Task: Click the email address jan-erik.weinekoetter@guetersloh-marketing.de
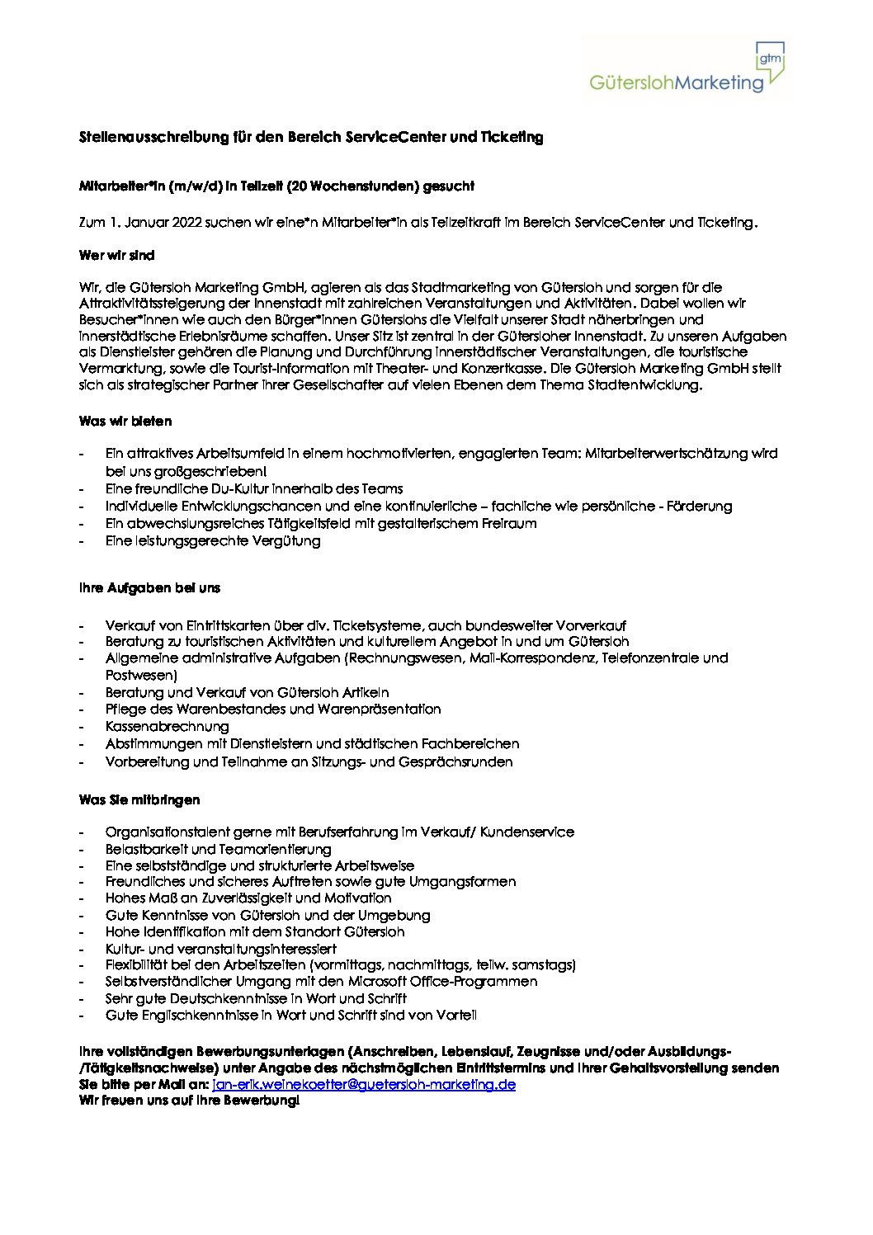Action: [x=364, y=1084]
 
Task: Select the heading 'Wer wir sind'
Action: [x=116, y=256]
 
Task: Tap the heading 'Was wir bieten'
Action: [x=125, y=422]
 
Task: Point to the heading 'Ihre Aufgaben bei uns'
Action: [x=149, y=588]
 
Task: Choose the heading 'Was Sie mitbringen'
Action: [x=139, y=800]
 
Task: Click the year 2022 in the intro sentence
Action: [x=187, y=223]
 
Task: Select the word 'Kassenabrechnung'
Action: [x=167, y=727]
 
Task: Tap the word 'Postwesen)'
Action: [x=141, y=676]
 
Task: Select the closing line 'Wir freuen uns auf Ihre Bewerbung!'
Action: [x=189, y=1101]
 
